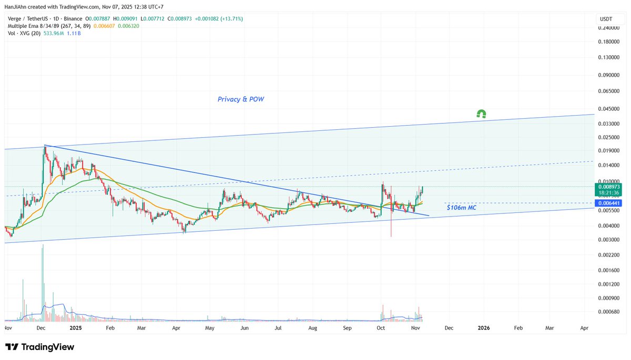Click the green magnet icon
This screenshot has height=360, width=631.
click(481, 114)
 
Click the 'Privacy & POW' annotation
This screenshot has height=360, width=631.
click(241, 99)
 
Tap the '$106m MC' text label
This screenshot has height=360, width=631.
click(461, 208)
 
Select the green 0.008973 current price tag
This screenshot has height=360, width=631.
click(608, 186)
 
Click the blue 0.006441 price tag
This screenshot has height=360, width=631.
click(608, 203)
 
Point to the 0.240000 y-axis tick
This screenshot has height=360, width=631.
click(608, 28)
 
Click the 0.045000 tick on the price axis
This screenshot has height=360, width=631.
click(608, 109)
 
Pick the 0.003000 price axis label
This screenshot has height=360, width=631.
click(608, 240)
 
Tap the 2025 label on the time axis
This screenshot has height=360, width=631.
click(76, 328)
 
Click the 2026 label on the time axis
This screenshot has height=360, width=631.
click(484, 328)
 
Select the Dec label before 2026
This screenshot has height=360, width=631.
click(449, 328)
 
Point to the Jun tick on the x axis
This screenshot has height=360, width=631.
click(244, 328)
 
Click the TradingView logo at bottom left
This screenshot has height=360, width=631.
click(40, 347)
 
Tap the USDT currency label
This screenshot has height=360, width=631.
click(605, 19)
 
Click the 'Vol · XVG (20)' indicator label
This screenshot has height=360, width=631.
click(23, 33)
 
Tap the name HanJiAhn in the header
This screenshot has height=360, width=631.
click(16, 6)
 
